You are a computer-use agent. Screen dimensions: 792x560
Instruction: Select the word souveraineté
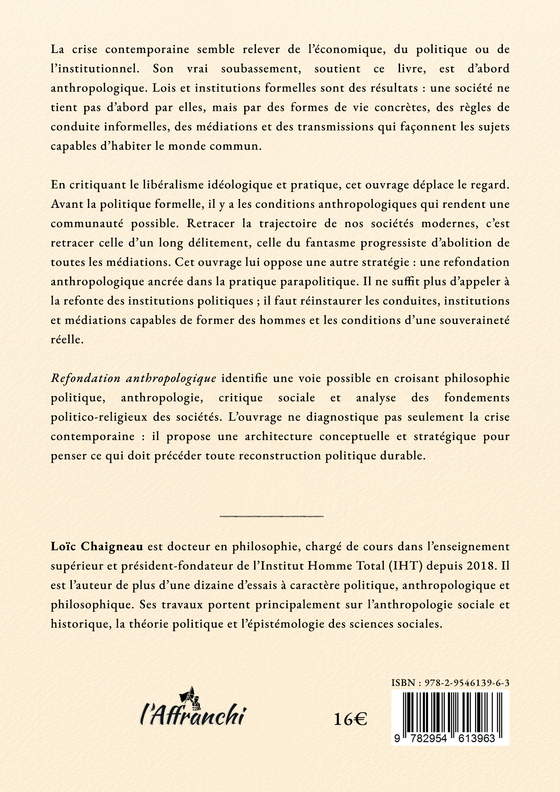pos(474,320)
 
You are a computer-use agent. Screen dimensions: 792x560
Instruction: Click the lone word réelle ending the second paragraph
pos(67,339)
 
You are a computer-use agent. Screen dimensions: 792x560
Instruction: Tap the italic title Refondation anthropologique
pos(133,378)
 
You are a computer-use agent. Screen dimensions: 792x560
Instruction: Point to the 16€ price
pos(350,720)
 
